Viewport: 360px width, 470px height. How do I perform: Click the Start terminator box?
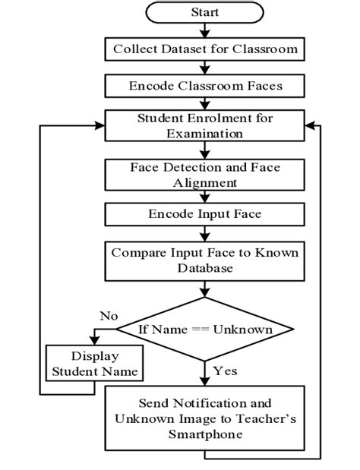204,13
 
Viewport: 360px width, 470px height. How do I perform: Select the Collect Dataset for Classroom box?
204,49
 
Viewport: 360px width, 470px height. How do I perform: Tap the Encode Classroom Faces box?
204,86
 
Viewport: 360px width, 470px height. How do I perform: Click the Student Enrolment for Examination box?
204,127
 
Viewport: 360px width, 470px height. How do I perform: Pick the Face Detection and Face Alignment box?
204,175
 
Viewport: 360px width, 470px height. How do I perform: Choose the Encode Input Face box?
204,214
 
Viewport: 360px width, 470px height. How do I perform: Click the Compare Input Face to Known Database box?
204,260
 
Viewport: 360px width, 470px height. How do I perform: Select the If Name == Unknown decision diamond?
204,330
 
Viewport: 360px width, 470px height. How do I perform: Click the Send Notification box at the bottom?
204,417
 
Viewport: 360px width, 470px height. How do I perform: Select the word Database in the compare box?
204,269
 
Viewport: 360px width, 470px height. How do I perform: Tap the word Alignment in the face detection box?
204,183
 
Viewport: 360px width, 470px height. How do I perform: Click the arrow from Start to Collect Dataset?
204,30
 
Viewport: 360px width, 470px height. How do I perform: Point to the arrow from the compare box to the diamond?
204,292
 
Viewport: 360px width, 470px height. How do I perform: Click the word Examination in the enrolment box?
204,134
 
